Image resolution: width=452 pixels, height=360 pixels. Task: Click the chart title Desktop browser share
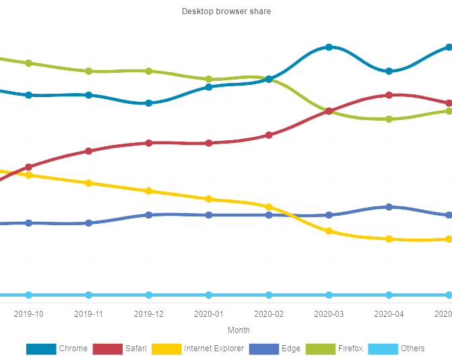coord(226,11)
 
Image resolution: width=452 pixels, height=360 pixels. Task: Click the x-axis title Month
coord(238,330)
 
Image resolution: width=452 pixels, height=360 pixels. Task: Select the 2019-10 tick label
coord(28,313)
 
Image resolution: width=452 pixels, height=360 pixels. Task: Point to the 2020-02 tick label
coord(269,313)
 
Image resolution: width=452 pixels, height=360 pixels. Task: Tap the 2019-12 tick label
coord(149,313)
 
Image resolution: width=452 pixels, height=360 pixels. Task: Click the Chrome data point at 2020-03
coord(329,47)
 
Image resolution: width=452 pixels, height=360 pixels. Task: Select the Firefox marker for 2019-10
coord(28,63)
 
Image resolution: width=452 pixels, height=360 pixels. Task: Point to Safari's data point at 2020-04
coord(389,95)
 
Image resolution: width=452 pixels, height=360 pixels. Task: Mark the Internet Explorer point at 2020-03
coord(329,231)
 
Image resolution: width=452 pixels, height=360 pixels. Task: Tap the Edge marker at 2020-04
coord(389,207)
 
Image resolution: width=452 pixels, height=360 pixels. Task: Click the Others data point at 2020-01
coord(209,295)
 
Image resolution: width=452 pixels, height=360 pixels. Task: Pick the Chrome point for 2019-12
coord(149,103)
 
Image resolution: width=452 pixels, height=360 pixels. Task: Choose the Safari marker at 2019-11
coord(88,151)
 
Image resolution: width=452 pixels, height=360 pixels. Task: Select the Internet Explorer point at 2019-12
coord(149,191)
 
